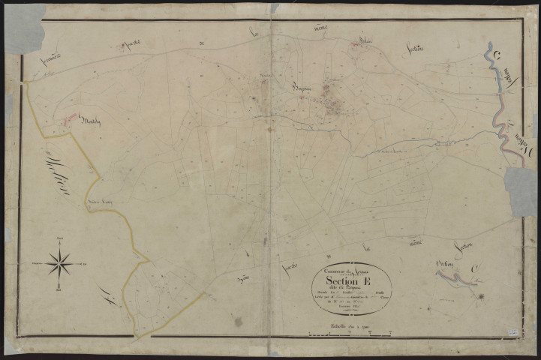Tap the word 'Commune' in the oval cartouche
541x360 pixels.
(x=335, y=271)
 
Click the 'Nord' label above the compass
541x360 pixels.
(x=59, y=238)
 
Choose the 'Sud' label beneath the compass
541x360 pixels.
(x=59, y=289)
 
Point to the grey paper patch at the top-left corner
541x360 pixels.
(x=24, y=28)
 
